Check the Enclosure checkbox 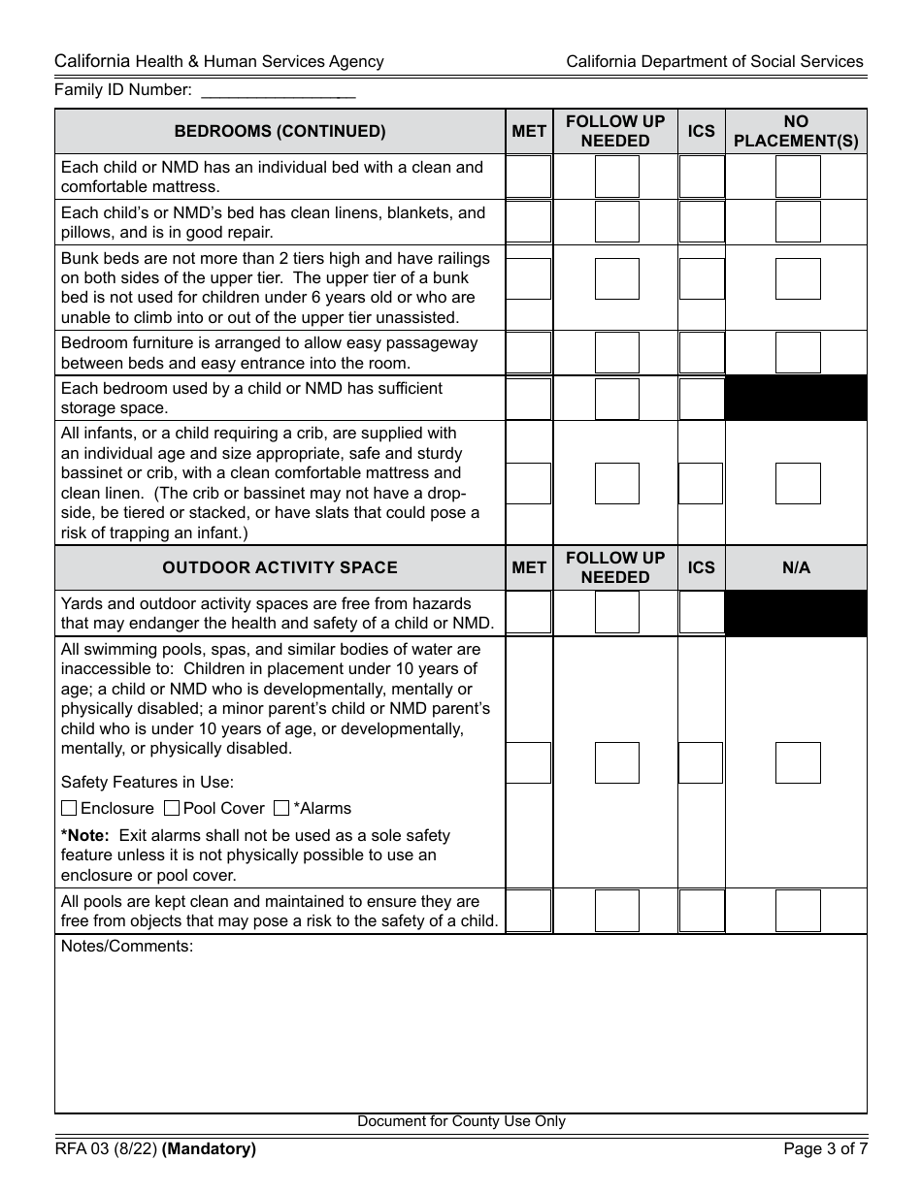tap(69, 808)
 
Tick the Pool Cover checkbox tap(172, 808)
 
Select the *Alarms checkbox tap(281, 808)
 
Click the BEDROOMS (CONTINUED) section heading tap(280, 132)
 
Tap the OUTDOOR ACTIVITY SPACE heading tap(280, 567)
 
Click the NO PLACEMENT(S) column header tap(796, 132)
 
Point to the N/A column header tap(796, 567)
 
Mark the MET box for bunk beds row tap(529, 278)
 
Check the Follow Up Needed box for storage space tap(616, 399)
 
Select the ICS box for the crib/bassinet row tap(701, 483)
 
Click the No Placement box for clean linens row tap(798, 222)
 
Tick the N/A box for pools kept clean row tap(798, 911)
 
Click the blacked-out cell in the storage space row tap(796, 399)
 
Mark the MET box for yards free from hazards tap(529, 613)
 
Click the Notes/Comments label tap(127, 947)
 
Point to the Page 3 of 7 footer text tap(825, 1149)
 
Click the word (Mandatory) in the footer tap(210, 1149)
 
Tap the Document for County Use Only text tap(461, 1121)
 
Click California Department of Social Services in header tap(714, 61)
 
